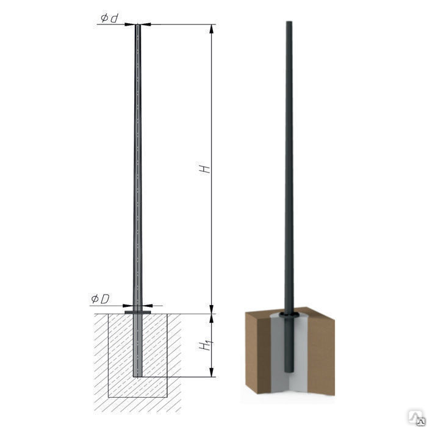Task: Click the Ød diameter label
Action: (x=109, y=18)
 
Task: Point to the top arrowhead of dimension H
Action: (x=212, y=29)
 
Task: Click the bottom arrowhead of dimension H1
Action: (x=212, y=372)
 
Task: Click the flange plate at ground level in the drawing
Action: (x=137, y=312)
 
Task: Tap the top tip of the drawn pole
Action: (x=138, y=25)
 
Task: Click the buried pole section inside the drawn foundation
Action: (x=137, y=345)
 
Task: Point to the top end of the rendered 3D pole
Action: (x=289, y=22)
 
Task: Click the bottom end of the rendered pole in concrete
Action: (x=289, y=371)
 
